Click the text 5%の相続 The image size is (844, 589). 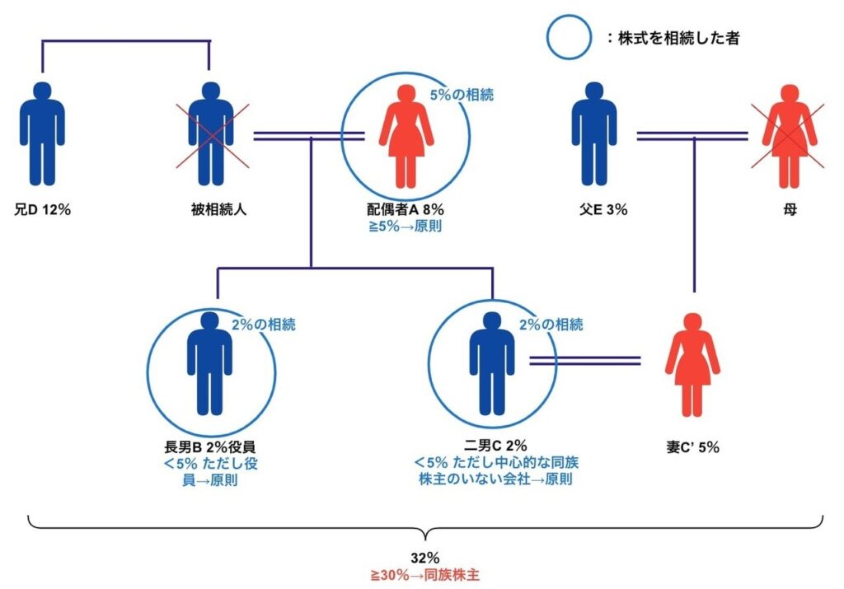[x=462, y=95]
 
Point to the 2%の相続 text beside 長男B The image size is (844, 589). [x=263, y=324]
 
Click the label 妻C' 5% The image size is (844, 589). [x=693, y=448]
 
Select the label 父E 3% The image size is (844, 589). [x=603, y=209]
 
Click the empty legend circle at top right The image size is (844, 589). [x=570, y=37]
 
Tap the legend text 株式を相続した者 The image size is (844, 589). [x=678, y=38]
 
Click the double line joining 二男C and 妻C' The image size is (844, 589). [x=584, y=360]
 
